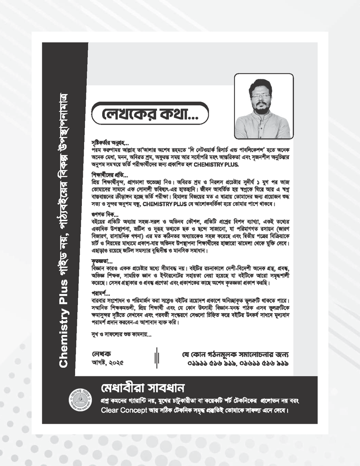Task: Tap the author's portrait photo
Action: (x=262, y=106)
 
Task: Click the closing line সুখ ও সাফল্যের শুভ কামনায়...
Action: (x=121, y=335)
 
